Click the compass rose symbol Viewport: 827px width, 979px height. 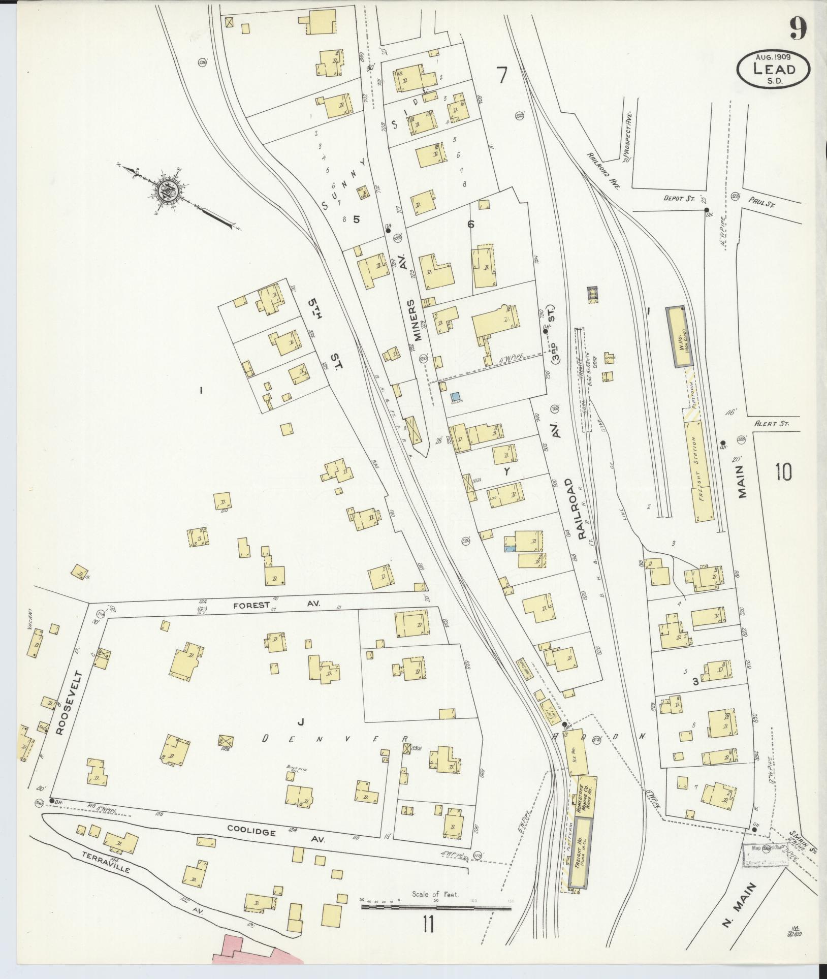pyautogui.click(x=166, y=192)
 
